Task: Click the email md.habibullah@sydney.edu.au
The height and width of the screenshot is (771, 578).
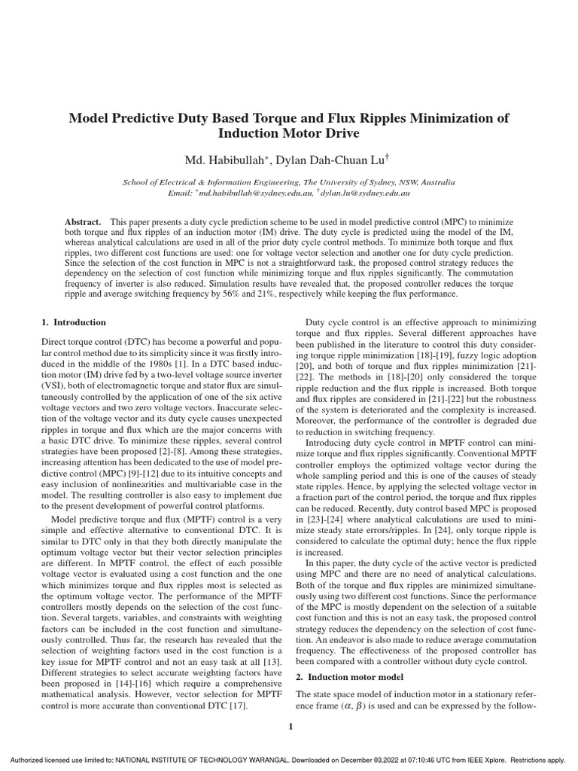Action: (255, 193)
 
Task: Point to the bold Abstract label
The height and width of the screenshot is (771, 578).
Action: (84, 224)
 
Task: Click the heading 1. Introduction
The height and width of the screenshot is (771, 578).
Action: (74, 322)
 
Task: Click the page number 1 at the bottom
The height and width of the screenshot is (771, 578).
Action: (289, 726)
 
